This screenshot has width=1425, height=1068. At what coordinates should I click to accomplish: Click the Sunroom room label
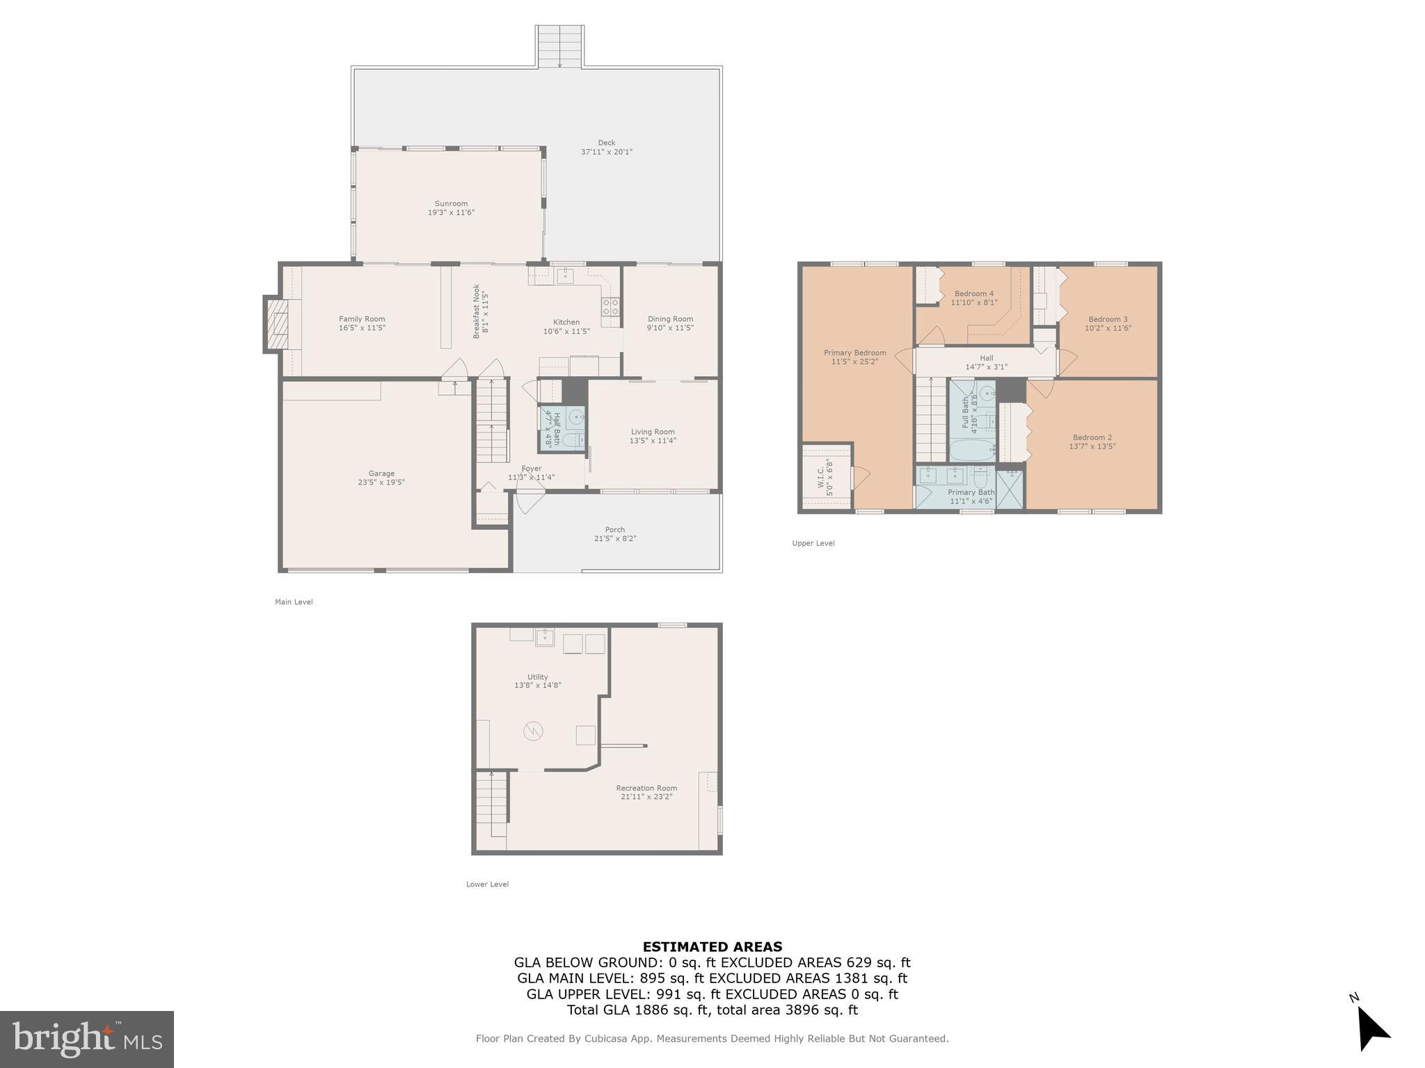[451, 204]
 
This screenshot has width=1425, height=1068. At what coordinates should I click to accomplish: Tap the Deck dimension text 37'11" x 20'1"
[606, 152]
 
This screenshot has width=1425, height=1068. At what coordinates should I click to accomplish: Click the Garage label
[381, 474]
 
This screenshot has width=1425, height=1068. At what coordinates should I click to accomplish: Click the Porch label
[614, 530]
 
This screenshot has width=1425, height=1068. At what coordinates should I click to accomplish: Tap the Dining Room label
[669, 319]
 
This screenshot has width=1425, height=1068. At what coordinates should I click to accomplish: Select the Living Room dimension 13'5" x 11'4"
[652, 441]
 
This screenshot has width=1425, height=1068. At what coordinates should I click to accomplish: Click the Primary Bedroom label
[854, 353]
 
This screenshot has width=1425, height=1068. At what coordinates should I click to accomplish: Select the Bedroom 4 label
[973, 293]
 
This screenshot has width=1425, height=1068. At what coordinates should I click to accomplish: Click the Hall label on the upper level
[986, 358]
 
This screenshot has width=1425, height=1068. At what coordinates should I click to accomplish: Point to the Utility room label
[537, 677]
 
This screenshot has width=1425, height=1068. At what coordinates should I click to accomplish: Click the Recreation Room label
[646, 788]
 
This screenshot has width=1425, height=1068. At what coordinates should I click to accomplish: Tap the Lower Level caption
[487, 884]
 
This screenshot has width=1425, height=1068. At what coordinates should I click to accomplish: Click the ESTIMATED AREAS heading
[712, 946]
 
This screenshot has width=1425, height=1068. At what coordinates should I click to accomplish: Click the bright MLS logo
[87, 1039]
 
